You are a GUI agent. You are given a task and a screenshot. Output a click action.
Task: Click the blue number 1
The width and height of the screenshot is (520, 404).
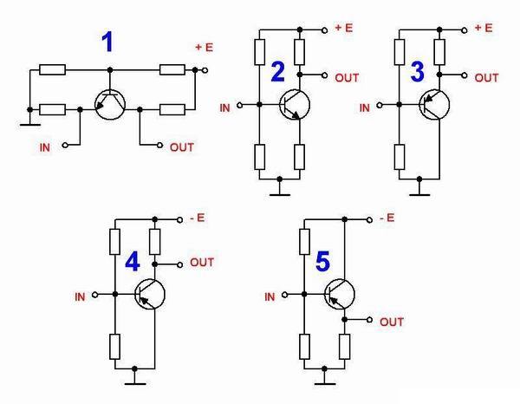[x=107, y=42]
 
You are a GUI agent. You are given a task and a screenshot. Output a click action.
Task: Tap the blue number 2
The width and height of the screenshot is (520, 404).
[x=278, y=73]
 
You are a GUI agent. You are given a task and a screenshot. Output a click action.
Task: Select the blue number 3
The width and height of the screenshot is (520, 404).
[x=417, y=73]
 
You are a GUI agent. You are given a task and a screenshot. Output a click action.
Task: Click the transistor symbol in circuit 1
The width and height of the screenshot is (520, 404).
[x=109, y=105]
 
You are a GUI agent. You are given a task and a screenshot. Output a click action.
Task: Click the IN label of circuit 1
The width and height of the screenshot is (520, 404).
[x=45, y=148]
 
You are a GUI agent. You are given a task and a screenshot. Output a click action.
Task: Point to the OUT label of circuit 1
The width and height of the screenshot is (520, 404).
[x=182, y=147]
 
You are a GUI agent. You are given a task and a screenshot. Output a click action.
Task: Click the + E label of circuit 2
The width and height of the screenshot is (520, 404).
[x=344, y=28]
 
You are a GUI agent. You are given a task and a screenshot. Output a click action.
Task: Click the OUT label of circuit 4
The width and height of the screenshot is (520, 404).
[x=201, y=262]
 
